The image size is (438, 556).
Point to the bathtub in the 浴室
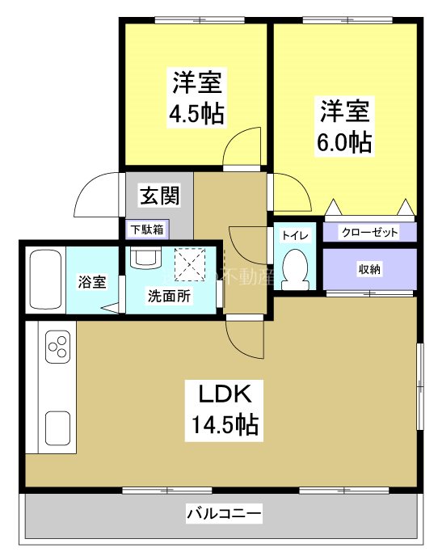point(46,278)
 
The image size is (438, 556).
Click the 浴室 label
point(91,282)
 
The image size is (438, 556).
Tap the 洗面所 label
point(170,296)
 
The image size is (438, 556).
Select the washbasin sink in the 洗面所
point(145,258)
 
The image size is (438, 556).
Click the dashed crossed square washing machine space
point(192,261)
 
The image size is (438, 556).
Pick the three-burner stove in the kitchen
point(57,348)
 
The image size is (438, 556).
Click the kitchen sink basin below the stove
point(57,427)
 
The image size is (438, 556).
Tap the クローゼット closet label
point(370,232)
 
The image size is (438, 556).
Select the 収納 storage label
point(370,269)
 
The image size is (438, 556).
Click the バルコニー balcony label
point(224,512)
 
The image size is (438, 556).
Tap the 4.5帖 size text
point(196,112)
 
